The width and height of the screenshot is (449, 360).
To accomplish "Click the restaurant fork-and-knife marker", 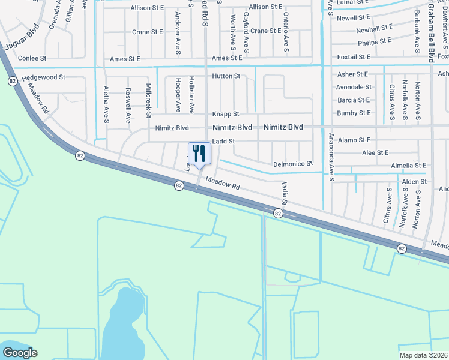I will pos(199,154).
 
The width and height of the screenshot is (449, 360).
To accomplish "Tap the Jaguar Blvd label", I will pos(22,37).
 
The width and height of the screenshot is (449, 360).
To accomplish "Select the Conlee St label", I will pos(32,58).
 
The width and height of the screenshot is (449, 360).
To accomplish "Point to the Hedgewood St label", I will pos(43,78).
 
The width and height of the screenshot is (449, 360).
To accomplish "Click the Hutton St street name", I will pos(226,76).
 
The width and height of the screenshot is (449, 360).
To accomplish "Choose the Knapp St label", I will pos(226,114).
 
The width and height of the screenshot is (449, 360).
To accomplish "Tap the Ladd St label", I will pos(223,141).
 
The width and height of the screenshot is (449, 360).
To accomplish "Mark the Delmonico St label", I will pos(294,164).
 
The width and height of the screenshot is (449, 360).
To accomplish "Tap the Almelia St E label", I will pos(408,165).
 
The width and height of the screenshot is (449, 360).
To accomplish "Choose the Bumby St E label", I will pos(354,113).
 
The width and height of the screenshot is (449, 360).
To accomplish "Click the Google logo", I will pos(20,353).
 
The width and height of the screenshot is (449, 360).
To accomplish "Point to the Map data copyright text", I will pos(423,355).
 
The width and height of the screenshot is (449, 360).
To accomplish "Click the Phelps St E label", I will pos(375,41).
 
